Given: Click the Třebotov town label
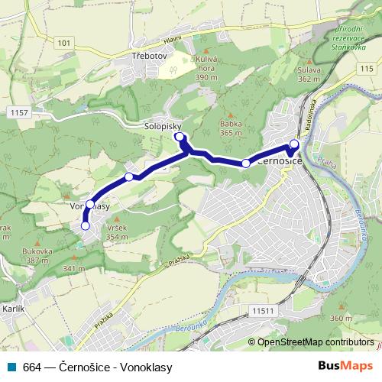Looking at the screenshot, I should [150, 56].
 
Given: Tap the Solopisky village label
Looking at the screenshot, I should [162, 125].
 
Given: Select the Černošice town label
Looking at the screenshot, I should [282, 162].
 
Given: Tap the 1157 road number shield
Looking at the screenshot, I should [21, 112].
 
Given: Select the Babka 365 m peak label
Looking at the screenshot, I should [230, 127].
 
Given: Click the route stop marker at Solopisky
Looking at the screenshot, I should [180, 137].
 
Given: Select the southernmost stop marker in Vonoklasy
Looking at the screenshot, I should [85, 225].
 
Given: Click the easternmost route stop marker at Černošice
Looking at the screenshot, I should [294, 144].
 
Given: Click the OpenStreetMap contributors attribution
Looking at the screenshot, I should [315, 343].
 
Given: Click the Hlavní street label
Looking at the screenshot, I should [173, 38].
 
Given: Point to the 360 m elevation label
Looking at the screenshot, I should [341, 318].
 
